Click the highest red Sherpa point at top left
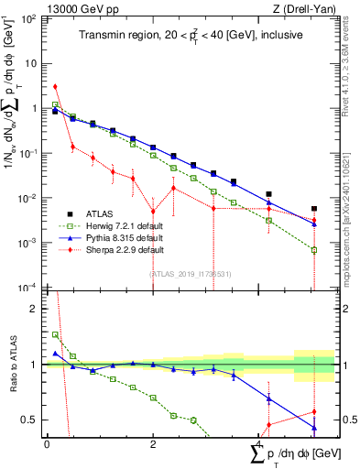56,87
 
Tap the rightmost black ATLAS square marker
314,209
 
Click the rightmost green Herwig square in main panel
314,249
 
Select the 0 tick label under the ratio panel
48,443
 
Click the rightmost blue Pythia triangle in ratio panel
314,428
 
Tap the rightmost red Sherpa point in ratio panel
314,411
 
